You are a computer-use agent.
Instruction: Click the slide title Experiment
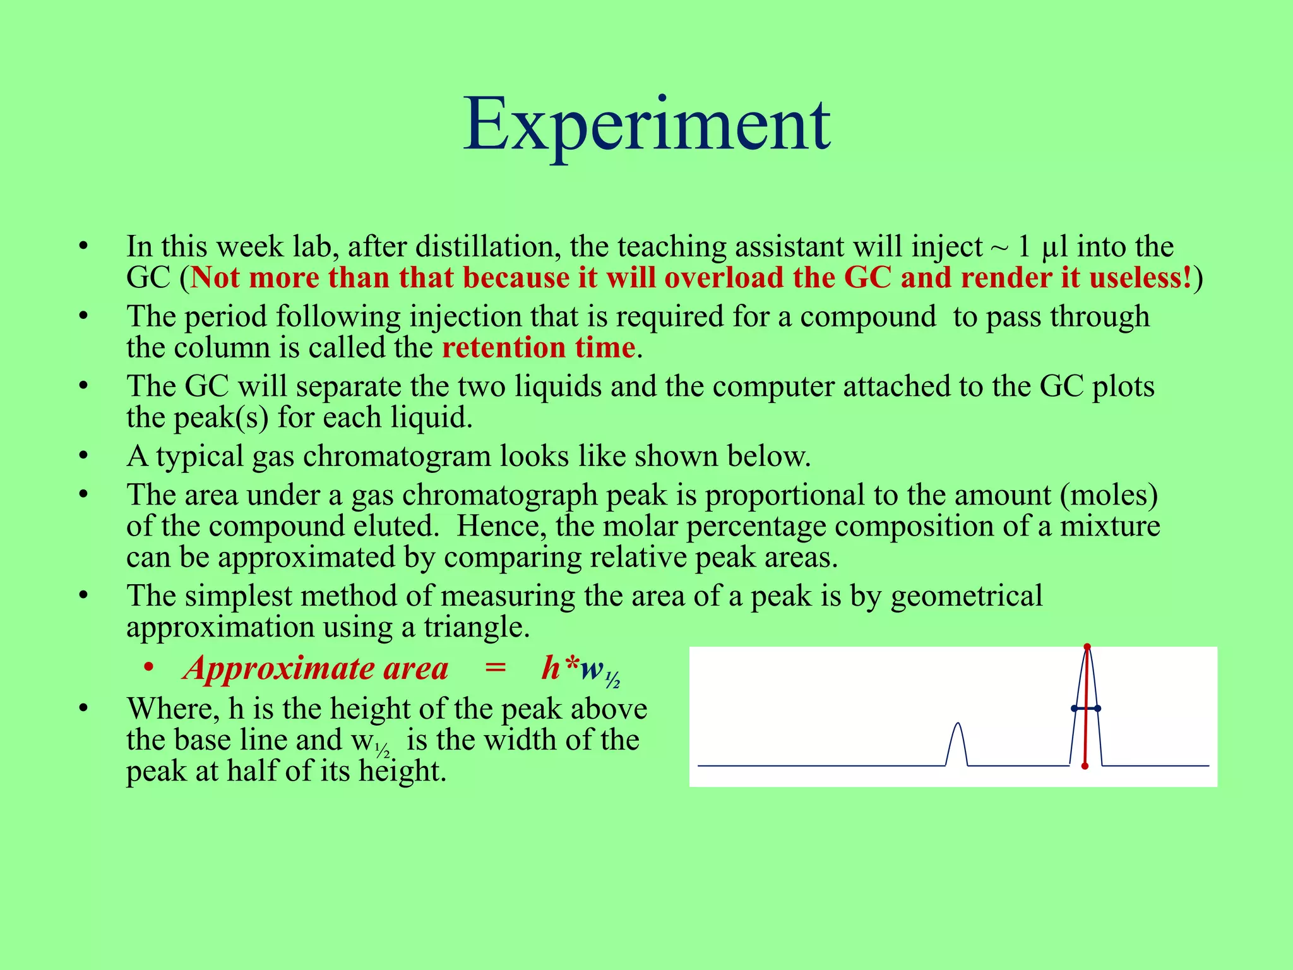point(646,124)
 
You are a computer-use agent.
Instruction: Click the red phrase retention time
point(538,348)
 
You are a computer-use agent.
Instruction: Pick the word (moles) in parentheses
point(1109,494)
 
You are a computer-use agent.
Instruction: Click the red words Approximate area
point(316,668)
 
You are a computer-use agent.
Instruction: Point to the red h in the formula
point(551,668)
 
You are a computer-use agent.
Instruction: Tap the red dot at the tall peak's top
point(1087,647)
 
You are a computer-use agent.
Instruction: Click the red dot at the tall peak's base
point(1085,766)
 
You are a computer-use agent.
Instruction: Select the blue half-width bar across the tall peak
point(1086,709)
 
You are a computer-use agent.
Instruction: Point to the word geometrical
point(966,596)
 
